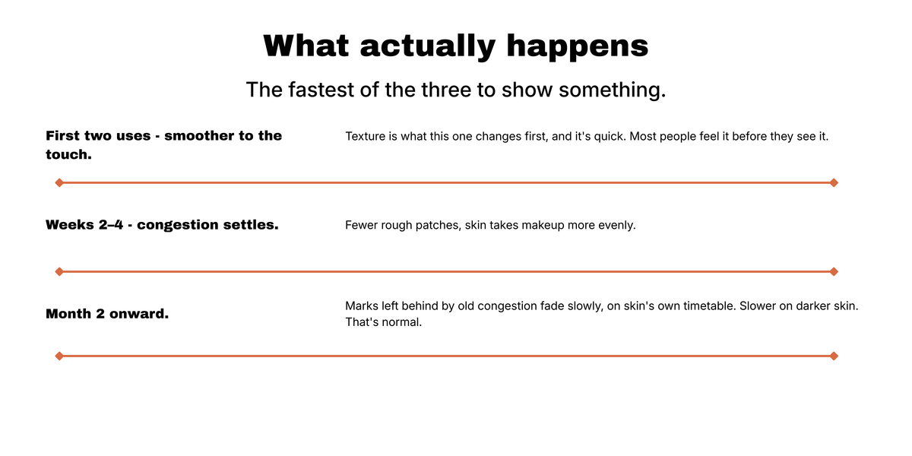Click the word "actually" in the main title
(427, 46)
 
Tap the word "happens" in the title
(578, 46)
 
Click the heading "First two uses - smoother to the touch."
(163, 145)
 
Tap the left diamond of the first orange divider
(59, 183)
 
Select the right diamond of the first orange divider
(834, 183)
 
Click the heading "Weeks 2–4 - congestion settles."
(162, 225)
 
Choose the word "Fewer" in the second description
(361, 225)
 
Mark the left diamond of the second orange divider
(59, 271)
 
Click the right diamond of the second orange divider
(834, 271)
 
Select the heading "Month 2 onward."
(107, 313)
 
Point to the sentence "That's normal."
(384, 322)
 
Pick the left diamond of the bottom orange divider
(59, 356)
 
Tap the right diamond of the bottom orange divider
(834, 356)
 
